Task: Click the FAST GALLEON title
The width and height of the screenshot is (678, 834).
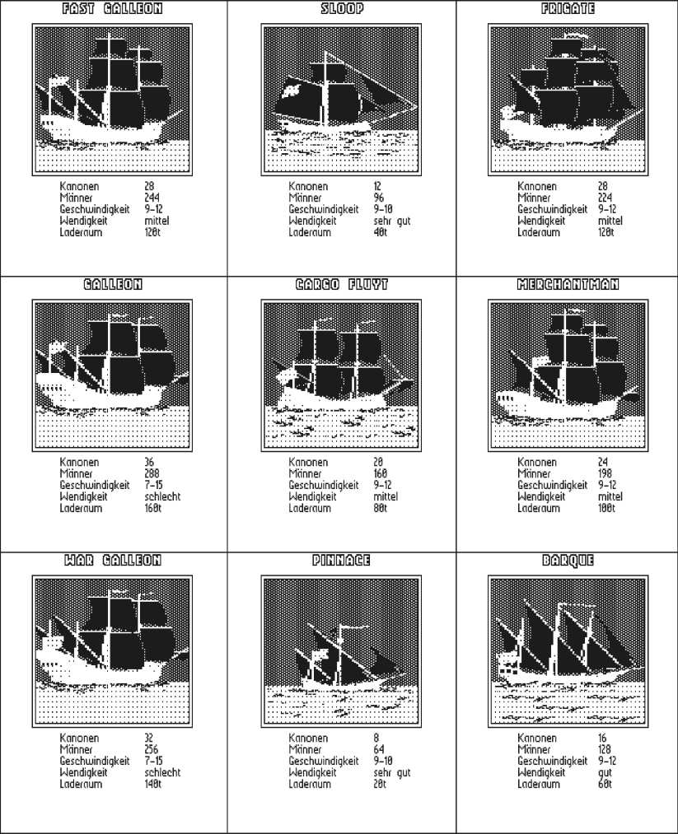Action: (x=112, y=9)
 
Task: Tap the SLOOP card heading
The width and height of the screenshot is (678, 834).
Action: (x=341, y=9)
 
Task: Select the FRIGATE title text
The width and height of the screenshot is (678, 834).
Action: (x=568, y=9)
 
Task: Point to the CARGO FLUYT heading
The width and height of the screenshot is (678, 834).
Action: (x=341, y=285)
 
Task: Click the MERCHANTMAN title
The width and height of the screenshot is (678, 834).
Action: (x=568, y=285)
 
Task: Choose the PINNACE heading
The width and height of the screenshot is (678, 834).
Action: (x=341, y=561)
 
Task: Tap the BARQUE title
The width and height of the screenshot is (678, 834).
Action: (x=568, y=561)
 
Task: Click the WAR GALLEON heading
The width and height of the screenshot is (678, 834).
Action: (x=112, y=561)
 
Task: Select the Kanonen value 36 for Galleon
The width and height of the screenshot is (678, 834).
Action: (x=149, y=463)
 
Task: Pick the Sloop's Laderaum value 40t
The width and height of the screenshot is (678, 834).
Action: (x=380, y=233)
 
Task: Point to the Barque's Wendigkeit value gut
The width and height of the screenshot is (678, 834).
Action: (x=606, y=773)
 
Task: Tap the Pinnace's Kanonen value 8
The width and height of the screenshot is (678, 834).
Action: (x=376, y=738)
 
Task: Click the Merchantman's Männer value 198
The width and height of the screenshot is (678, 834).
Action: (x=608, y=474)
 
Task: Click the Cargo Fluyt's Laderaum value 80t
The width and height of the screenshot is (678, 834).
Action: (x=380, y=509)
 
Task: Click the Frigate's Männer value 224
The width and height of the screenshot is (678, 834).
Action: (x=609, y=198)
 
